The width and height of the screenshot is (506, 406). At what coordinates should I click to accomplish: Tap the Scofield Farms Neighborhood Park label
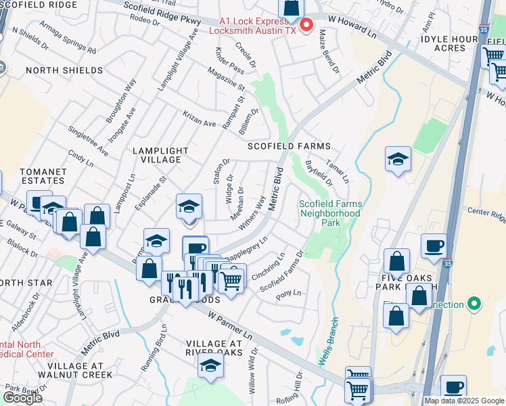pos(331,213)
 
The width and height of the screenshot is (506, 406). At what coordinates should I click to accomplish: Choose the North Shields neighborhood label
pos(64,70)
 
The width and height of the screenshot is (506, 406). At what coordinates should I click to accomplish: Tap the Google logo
pos(22,397)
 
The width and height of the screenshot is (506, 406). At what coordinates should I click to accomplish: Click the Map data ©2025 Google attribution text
pos(463,401)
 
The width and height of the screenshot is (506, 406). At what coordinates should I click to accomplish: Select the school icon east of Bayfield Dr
pos(398,160)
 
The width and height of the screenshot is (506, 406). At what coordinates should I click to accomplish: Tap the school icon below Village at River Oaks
pos(211,367)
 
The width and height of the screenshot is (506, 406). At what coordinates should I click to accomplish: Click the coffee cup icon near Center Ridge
pos(434,246)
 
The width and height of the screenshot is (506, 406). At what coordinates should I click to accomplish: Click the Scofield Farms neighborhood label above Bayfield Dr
pos(289,146)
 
